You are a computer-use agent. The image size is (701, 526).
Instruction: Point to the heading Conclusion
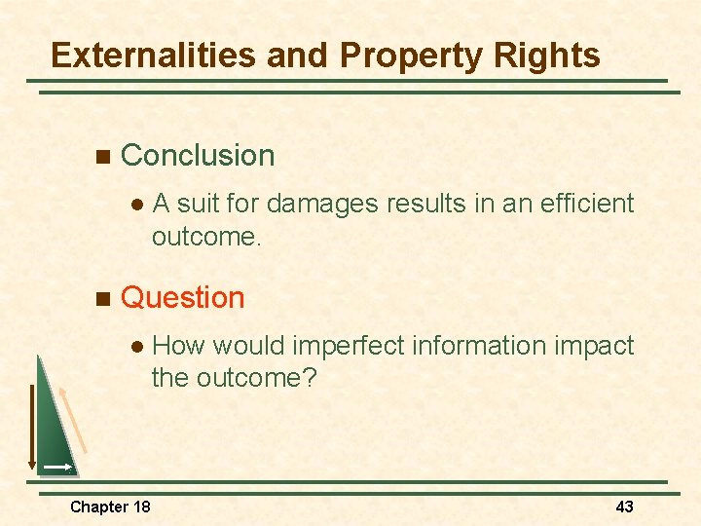click(x=198, y=156)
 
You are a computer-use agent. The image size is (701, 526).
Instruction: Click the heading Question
click(x=182, y=297)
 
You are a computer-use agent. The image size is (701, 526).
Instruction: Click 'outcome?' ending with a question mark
click(x=262, y=378)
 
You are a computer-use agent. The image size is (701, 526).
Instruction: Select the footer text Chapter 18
click(x=110, y=507)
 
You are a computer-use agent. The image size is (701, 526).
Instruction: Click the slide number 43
click(x=624, y=507)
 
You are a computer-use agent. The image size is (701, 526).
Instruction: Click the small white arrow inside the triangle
click(x=56, y=469)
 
